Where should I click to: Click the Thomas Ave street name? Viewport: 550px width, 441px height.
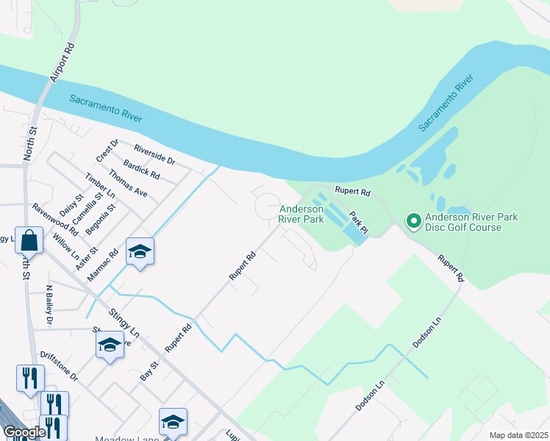tap(128, 183)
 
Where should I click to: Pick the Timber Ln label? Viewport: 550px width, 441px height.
tap(100, 185)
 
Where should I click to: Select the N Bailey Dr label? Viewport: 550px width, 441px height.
tap(49, 305)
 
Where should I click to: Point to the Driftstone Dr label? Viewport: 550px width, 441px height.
tap(59, 365)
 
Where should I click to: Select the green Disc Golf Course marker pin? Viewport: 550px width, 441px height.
tap(414, 220)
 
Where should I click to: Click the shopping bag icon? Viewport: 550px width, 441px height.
tap(29, 240)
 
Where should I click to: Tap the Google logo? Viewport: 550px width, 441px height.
tap(24, 432)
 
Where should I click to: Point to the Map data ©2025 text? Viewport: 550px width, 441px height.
tap(518, 435)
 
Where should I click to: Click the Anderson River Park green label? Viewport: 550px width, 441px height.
tap(301, 214)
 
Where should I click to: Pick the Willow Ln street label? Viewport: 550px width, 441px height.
tap(66, 248)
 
